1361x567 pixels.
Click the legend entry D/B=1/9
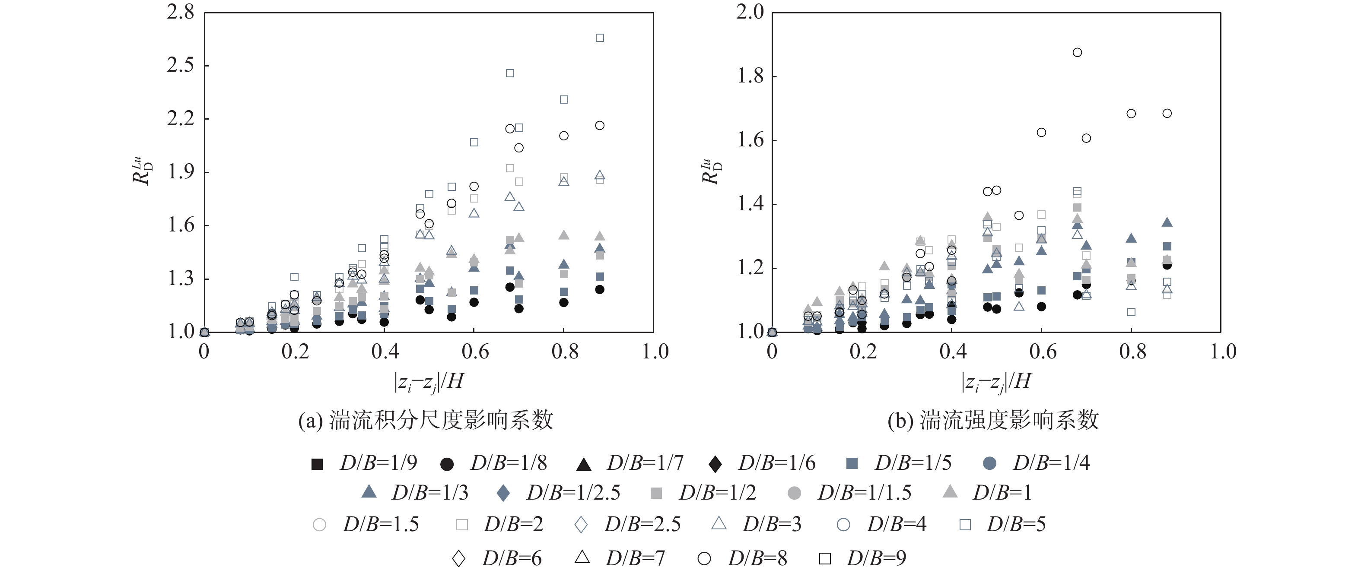tap(365, 463)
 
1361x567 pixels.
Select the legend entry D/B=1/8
tap(494, 463)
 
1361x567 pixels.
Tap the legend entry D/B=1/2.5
tap(559, 493)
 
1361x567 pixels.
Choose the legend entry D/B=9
tap(862, 558)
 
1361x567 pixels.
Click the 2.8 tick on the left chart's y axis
tap(181, 12)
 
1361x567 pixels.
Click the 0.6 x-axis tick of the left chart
tap(474, 352)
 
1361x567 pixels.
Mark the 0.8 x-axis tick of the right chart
tap(1132, 352)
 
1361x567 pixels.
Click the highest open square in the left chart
tap(600, 38)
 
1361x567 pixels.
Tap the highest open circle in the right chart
tap(1077, 52)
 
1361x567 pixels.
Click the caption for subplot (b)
tap(993, 421)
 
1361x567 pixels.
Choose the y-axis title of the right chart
tap(711, 171)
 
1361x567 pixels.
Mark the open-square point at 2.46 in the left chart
tap(510, 73)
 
